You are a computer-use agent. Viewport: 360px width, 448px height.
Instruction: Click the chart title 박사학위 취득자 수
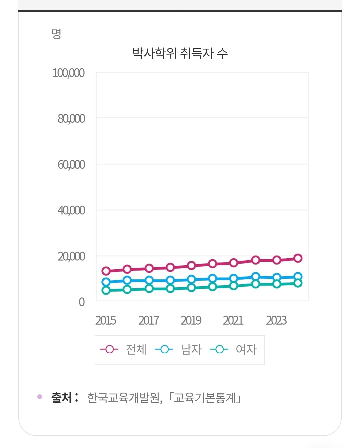point(180,53)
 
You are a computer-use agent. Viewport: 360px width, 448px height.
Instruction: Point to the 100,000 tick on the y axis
point(68,73)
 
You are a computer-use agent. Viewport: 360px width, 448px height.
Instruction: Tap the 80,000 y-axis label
point(71,119)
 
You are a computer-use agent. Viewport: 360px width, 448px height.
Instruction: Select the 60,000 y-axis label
point(71,165)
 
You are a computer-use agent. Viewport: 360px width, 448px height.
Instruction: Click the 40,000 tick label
point(71,210)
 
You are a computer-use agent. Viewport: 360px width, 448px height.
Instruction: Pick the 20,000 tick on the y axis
point(71,257)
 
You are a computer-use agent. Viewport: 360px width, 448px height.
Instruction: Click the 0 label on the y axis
point(82,302)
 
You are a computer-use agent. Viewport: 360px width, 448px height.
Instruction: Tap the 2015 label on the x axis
point(106,321)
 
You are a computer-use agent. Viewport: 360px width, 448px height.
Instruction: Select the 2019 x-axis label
point(191,321)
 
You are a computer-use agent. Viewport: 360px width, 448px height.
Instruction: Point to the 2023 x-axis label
point(276,321)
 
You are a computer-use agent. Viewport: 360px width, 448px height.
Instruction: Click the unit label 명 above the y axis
point(56,34)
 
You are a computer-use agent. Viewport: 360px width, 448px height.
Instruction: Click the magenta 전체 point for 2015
point(106,271)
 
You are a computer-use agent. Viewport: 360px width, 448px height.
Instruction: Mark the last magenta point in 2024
point(298,258)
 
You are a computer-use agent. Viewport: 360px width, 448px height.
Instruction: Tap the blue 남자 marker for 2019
point(191,279)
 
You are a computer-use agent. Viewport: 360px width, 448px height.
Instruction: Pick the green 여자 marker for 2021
point(234,286)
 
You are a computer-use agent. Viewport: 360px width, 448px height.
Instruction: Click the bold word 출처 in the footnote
point(62,398)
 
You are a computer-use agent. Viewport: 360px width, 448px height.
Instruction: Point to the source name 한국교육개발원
point(124,398)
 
